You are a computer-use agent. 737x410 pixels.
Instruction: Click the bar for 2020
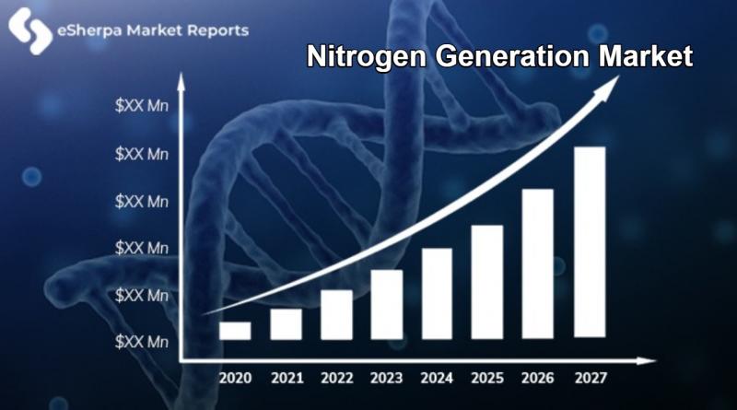pyautogui.click(x=235, y=331)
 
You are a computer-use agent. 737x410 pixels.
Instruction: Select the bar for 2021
pyautogui.click(x=286, y=324)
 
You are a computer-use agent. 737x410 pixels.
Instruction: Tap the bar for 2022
pyautogui.click(x=336, y=314)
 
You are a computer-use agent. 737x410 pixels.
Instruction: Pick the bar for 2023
pyautogui.click(x=387, y=304)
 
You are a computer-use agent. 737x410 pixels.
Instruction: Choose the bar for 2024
pyautogui.click(x=437, y=293)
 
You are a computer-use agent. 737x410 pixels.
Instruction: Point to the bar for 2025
pyautogui.click(x=487, y=282)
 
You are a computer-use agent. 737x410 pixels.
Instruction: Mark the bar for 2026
pyautogui.click(x=538, y=264)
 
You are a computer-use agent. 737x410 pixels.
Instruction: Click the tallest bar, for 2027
pyautogui.click(x=590, y=242)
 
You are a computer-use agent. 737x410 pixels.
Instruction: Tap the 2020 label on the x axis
pyautogui.click(x=236, y=378)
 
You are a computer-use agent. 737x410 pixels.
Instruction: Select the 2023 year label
pyautogui.click(x=386, y=378)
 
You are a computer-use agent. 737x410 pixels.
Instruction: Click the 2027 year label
pyautogui.click(x=591, y=378)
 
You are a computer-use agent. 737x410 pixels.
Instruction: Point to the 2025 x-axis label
pyautogui.click(x=487, y=378)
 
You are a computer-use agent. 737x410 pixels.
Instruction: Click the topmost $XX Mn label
pyautogui.click(x=142, y=105)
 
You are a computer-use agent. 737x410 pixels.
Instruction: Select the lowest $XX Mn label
pyautogui.click(x=142, y=342)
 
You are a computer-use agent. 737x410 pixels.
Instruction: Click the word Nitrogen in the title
pyautogui.click(x=367, y=57)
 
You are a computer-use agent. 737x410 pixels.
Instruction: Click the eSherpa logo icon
pyautogui.click(x=30, y=31)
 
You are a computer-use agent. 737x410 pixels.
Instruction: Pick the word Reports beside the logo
pyautogui.click(x=218, y=31)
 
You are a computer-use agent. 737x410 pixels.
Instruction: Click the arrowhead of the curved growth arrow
pyautogui.click(x=606, y=87)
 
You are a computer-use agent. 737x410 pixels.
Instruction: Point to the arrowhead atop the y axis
pyautogui.click(x=181, y=82)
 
